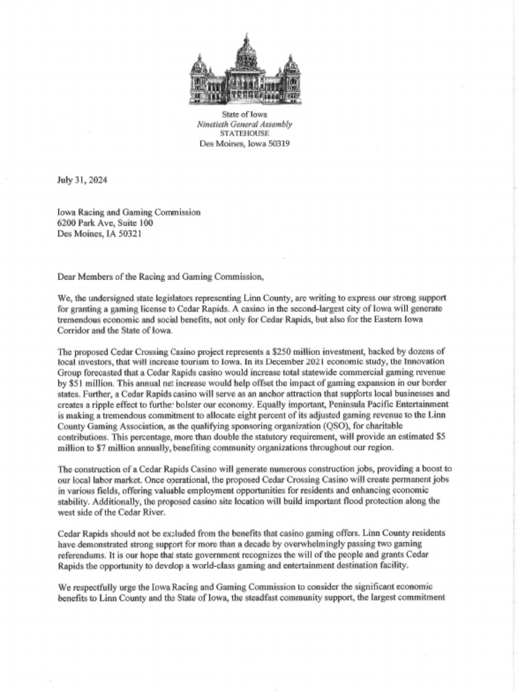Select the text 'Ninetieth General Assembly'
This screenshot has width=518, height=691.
(244, 125)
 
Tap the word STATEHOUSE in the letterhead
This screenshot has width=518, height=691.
(244, 134)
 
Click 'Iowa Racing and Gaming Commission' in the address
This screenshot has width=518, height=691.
(129, 212)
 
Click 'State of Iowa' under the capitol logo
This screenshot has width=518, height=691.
(244, 115)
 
